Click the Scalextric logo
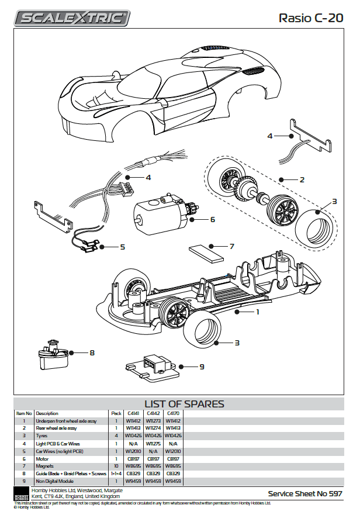coord(72,18)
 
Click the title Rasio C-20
coord(310,18)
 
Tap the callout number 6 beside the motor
coord(213,220)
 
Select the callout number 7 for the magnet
coord(231,246)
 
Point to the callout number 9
coord(202,367)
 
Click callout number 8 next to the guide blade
coord(92,352)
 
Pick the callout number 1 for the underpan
coord(257,312)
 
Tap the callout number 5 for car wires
coord(122,247)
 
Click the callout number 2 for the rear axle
coord(302,179)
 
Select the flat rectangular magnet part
coord(207,254)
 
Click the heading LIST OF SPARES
coord(184,404)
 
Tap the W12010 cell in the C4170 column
coord(173,451)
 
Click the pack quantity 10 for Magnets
coord(116,466)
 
